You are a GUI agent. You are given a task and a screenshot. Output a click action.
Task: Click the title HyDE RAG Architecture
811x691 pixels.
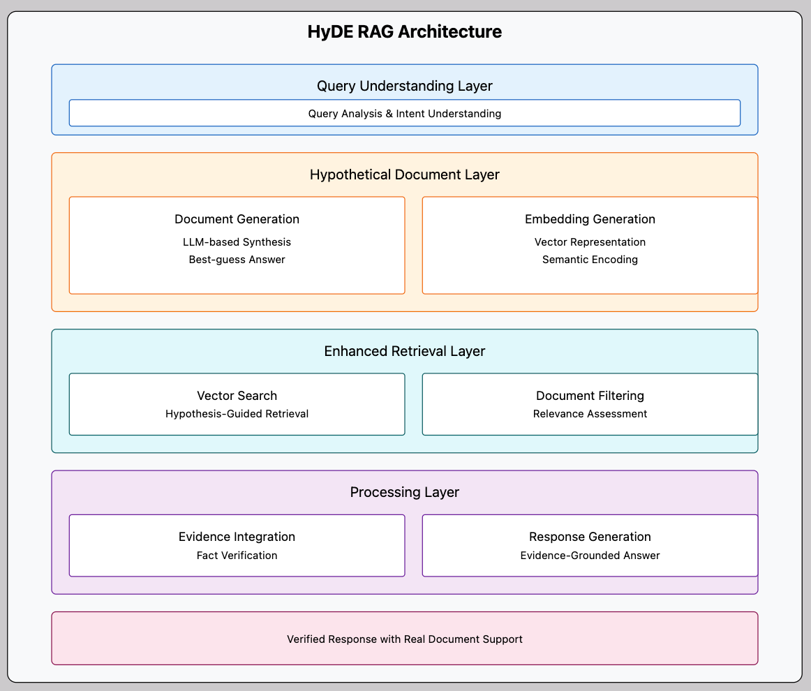point(405,32)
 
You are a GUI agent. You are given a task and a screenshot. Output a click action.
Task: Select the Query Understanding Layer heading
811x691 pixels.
point(405,86)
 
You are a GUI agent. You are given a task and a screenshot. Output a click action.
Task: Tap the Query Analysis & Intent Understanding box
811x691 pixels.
point(405,113)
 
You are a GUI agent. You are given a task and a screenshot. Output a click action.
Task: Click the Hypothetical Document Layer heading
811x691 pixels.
point(405,174)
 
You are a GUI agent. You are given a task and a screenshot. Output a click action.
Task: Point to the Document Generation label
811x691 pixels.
point(237,219)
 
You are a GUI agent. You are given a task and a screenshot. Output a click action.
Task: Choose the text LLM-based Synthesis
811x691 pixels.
point(237,242)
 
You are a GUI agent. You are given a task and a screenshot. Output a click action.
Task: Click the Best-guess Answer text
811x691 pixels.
point(237,260)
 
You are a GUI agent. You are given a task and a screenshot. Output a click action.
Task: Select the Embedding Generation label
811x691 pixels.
point(590,219)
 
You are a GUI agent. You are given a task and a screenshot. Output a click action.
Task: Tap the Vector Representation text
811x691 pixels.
point(590,242)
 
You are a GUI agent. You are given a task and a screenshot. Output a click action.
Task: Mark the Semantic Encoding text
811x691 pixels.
point(590,260)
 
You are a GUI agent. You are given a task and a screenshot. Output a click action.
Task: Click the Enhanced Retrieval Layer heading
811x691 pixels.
point(405,351)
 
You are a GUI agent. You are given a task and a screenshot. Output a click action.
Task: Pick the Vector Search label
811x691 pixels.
point(237,396)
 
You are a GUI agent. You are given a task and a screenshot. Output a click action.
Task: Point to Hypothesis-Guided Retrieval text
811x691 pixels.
point(237,414)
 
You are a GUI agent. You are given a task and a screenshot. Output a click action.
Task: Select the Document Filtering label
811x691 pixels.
point(590,396)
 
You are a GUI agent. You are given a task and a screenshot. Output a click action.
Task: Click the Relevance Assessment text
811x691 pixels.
point(590,414)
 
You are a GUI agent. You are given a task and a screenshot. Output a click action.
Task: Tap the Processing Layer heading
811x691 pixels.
point(405,492)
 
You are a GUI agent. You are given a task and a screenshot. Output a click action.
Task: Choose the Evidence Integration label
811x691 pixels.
point(237,537)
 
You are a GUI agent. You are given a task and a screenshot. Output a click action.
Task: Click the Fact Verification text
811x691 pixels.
point(237,556)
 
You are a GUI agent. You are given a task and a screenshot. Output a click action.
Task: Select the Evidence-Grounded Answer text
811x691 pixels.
point(590,556)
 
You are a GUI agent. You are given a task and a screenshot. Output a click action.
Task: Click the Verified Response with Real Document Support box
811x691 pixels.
point(405,639)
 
